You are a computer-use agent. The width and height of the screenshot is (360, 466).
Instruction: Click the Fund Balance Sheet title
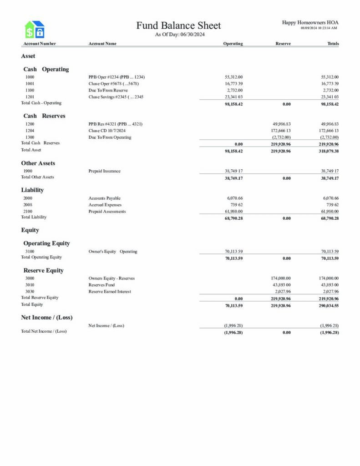178,25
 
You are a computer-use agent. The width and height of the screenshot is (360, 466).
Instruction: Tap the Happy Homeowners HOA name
310,22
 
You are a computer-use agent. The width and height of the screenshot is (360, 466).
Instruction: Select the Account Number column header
40,44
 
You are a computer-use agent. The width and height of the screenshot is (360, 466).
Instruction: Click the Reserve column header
283,44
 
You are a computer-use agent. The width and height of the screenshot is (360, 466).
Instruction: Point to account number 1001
30,84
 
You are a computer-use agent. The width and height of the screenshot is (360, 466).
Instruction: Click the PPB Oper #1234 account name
117,77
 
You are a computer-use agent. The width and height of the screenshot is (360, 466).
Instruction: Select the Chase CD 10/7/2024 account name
107,131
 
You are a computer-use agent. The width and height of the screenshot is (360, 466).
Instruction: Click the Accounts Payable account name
105,198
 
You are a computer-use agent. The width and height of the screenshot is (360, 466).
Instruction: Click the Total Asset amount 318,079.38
327,151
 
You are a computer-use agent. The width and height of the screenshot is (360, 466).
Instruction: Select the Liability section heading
32,190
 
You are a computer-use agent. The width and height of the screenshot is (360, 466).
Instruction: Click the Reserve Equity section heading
44,270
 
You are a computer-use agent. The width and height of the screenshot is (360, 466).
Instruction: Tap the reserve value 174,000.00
282,278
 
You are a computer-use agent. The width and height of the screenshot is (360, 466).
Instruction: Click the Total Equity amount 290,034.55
327,306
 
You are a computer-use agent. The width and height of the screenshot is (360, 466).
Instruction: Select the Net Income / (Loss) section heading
47,317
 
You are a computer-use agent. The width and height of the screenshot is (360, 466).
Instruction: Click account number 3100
30,251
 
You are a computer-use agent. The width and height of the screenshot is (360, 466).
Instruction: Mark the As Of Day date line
180,35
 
